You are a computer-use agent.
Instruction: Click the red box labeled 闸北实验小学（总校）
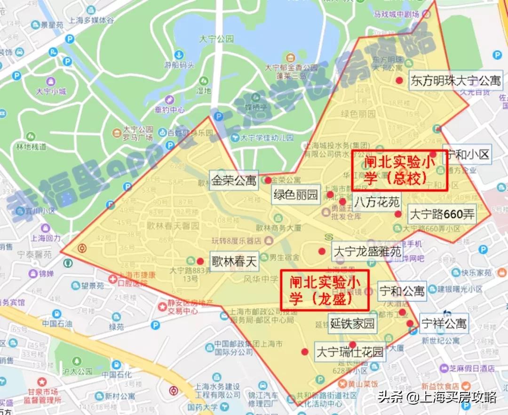click(x=399, y=171)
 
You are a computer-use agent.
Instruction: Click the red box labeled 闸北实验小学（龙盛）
click(x=325, y=290)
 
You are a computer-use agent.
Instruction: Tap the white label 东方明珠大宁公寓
click(x=456, y=80)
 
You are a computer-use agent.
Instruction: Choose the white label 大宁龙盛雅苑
click(x=367, y=251)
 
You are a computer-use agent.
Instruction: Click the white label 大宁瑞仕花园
click(x=349, y=351)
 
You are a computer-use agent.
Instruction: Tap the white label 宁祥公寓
click(x=444, y=323)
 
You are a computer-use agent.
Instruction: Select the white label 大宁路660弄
click(x=442, y=215)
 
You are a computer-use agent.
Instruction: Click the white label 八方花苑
click(x=377, y=202)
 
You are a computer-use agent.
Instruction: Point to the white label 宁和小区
click(x=467, y=154)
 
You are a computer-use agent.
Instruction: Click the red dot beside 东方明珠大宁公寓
click(x=399, y=80)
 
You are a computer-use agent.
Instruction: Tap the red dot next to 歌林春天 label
click(x=200, y=261)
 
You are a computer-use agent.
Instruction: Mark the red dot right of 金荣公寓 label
click(x=268, y=180)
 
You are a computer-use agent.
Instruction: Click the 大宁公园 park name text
click(x=216, y=39)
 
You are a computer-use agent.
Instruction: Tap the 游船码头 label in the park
click(x=179, y=65)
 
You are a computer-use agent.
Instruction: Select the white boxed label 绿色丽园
click(x=295, y=194)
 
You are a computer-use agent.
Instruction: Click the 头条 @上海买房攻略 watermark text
click(x=437, y=398)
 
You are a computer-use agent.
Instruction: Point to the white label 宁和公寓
click(x=402, y=291)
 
